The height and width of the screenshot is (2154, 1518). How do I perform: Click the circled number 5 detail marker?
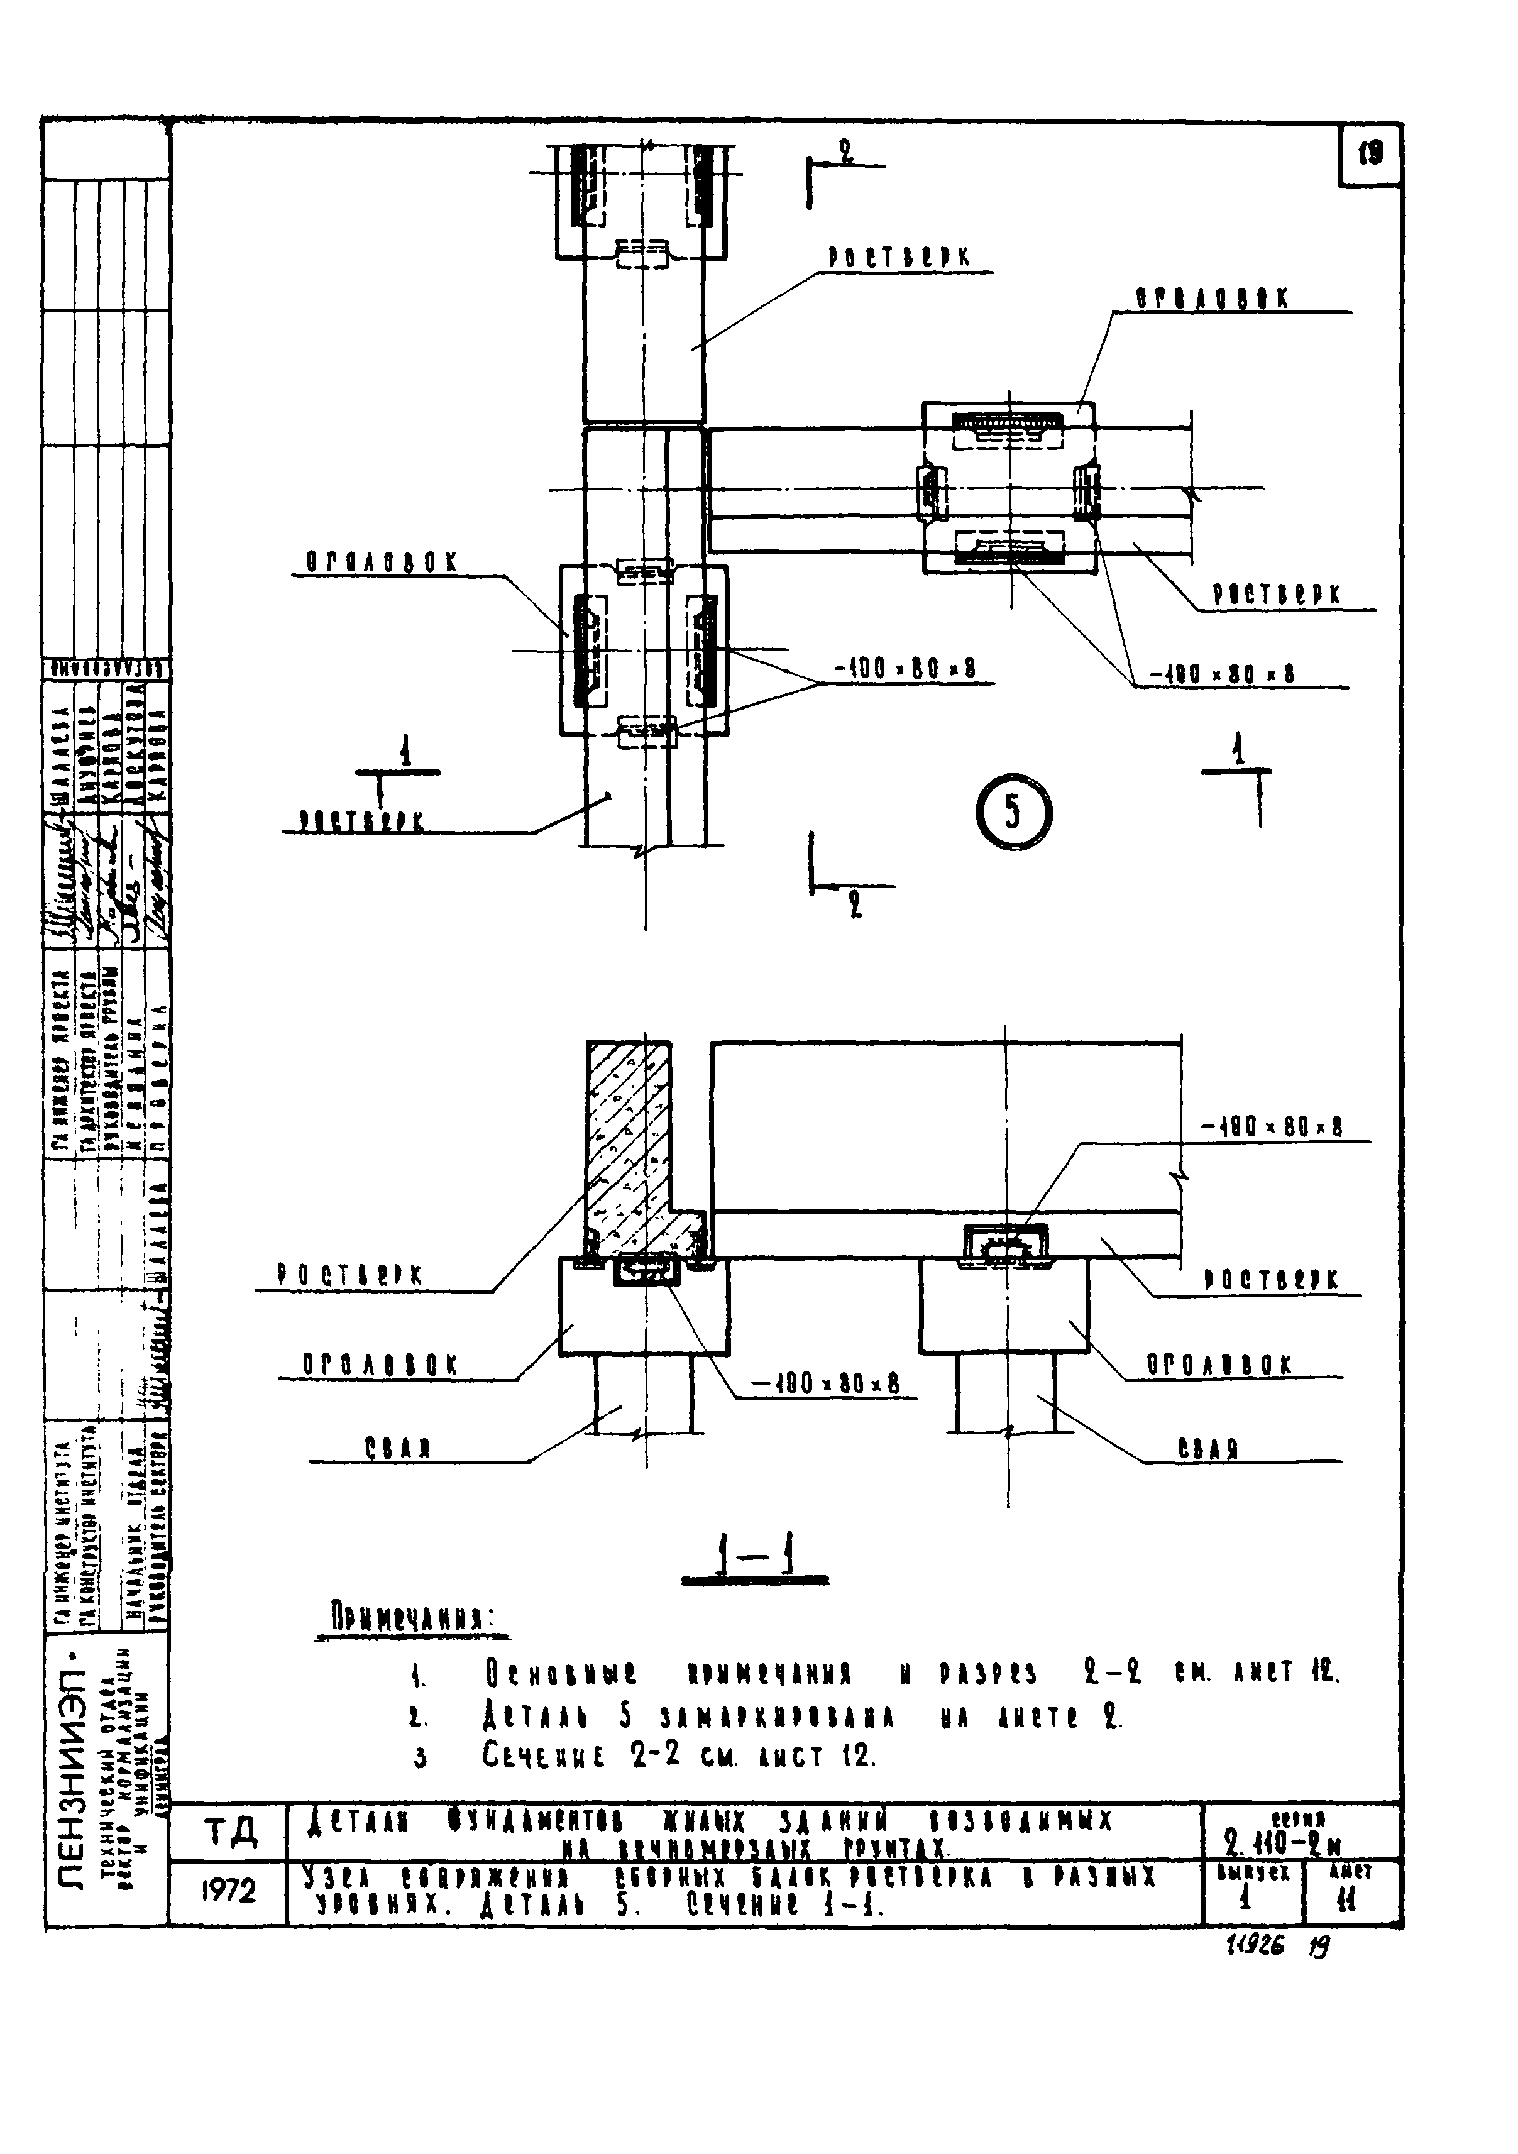click(1013, 813)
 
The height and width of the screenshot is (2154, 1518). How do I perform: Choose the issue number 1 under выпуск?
click(1246, 1901)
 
